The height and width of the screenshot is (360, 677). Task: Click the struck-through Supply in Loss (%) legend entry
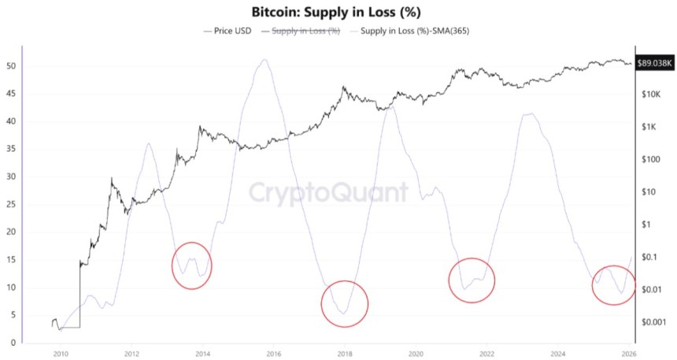pyautogui.click(x=306, y=31)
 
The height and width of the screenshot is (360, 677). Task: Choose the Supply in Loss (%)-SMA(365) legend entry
pyautogui.click(x=409, y=31)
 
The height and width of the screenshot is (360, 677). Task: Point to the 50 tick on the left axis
pyautogui.click(x=9, y=65)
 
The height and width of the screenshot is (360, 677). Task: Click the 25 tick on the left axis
pyautogui.click(x=9, y=204)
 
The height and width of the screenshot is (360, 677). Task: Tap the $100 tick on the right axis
pyautogui.click(x=650, y=159)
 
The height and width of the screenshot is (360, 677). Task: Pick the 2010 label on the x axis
pyautogui.click(x=60, y=354)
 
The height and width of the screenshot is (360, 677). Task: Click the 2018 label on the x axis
pyautogui.click(x=345, y=354)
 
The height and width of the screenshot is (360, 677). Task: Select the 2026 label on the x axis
pyautogui.click(x=628, y=354)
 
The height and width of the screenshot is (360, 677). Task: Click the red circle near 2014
pyautogui.click(x=192, y=265)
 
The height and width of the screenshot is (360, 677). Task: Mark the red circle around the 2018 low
pyautogui.click(x=344, y=303)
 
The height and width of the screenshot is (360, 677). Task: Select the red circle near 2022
pyautogui.click(x=472, y=280)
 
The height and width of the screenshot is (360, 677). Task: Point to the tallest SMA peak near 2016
pyautogui.click(x=265, y=60)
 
